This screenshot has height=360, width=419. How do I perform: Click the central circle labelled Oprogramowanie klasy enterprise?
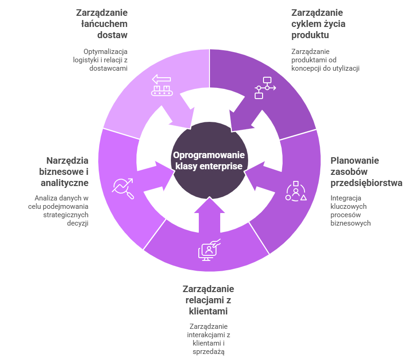(209, 161)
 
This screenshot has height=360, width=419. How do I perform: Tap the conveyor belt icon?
(162, 86)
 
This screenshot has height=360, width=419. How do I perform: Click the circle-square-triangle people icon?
(296, 192)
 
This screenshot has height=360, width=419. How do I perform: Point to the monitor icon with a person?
(209, 250)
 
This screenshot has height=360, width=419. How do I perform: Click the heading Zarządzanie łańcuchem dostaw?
(102, 23)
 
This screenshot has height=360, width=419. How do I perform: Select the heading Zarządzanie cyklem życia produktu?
(318, 23)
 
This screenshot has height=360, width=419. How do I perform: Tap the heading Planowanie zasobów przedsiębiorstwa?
(366, 172)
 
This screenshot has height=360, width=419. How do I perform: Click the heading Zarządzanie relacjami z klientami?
(208, 300)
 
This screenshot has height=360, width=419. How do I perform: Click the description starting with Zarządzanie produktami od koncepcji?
(325, 60)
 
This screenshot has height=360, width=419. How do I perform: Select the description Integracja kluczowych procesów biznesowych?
(350, 210)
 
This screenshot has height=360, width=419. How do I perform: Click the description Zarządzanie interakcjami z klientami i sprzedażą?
(209, 339)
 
